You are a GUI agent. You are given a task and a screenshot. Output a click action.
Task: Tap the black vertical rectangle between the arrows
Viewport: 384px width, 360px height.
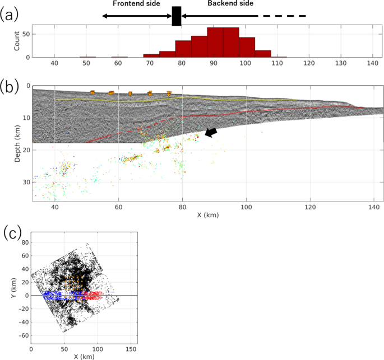[x=177, y=16]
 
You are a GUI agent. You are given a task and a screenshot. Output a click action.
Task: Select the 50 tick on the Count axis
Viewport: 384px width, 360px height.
[x=26, y=34]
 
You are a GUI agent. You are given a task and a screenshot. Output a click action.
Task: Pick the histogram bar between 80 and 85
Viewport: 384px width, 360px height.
[x=183, y=49]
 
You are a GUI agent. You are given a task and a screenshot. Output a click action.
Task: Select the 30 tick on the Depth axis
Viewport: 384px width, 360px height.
[x=26, y=182]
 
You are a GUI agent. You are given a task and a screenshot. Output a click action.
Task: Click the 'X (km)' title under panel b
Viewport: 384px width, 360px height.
[x=207, y=215]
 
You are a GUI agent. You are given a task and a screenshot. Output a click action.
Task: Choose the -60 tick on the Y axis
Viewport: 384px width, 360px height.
[x=22, y=335]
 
